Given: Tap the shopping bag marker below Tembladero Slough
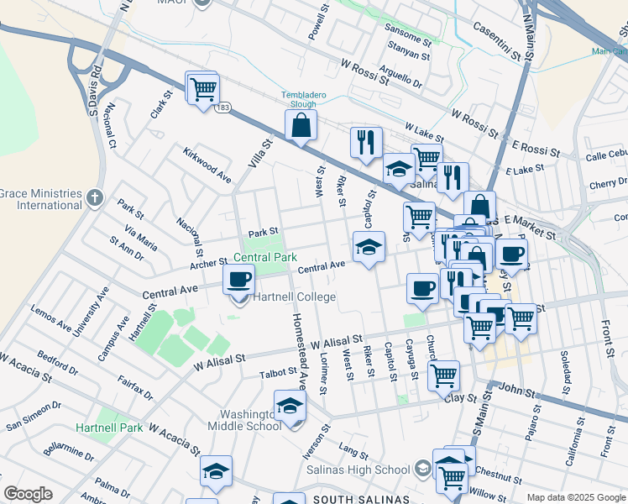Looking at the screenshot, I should (x=301, y=127).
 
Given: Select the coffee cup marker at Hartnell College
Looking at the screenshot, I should (x=239, y=279).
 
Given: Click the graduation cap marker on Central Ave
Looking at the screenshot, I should (x=368, y=248).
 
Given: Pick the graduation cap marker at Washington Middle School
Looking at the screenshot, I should (x=290, y=407).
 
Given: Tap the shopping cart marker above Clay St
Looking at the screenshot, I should (x=443, y=375).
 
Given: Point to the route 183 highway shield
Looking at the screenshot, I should (x=222, y=108).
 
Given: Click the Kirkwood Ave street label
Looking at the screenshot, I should (x=207, y=163).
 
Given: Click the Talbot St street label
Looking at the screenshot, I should (x=279, y=374).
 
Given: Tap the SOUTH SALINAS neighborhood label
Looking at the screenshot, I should (x=361, y=499).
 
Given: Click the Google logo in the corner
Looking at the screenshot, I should (x=29, y=494).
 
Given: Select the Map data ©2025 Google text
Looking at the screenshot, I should (x=575, y=497).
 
